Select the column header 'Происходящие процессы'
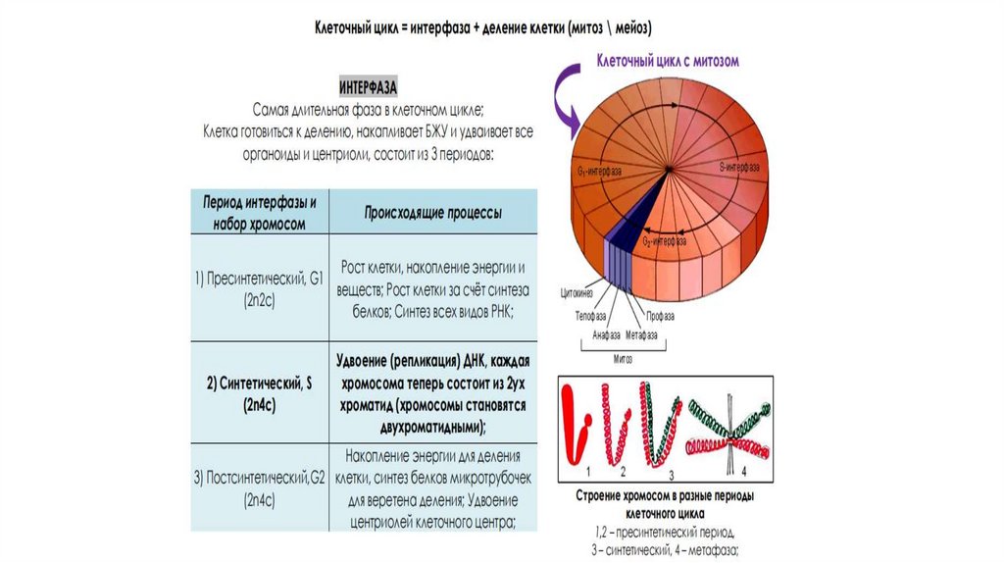click(x=433, y=212)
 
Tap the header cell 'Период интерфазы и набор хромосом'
click(x=260, y=213)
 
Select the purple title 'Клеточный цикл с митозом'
click(x=667, y=61)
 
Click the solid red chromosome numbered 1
click(x=577, y=428)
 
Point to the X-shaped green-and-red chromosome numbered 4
click(x=726, y=429)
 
